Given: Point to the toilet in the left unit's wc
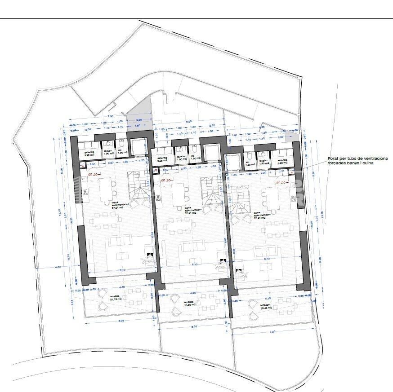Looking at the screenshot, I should pos(121,145).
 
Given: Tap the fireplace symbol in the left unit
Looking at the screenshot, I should pos(148,256).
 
